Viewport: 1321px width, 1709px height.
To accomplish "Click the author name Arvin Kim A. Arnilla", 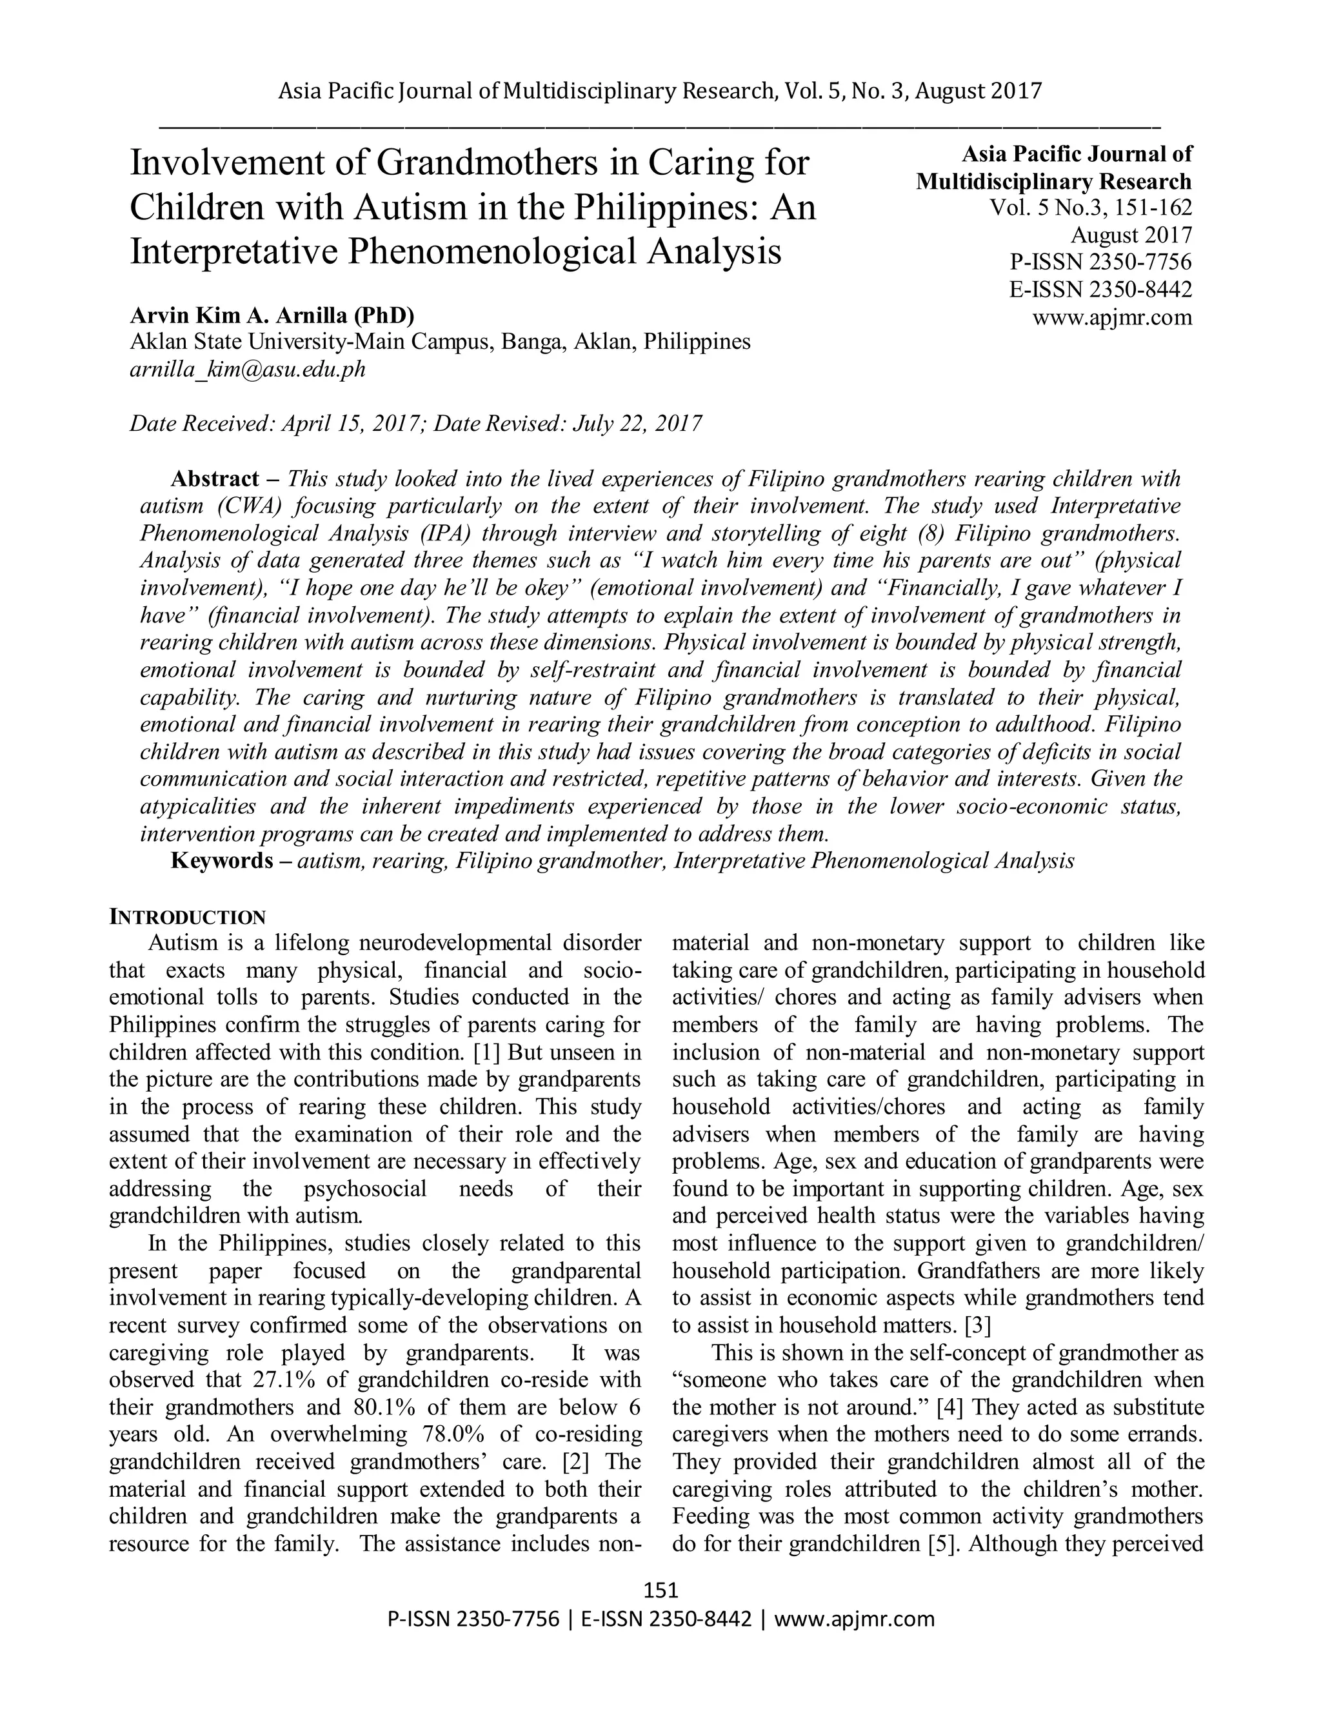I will pyautogui.click(x=272, y=315).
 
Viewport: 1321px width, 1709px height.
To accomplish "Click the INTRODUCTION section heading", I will pyautogui.click(x=187, y=917).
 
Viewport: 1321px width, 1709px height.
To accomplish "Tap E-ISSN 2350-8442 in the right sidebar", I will pyautogui.click(x=1100, y=290).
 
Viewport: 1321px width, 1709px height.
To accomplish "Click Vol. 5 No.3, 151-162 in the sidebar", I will pyautogui.click(x=1091, y=208).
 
